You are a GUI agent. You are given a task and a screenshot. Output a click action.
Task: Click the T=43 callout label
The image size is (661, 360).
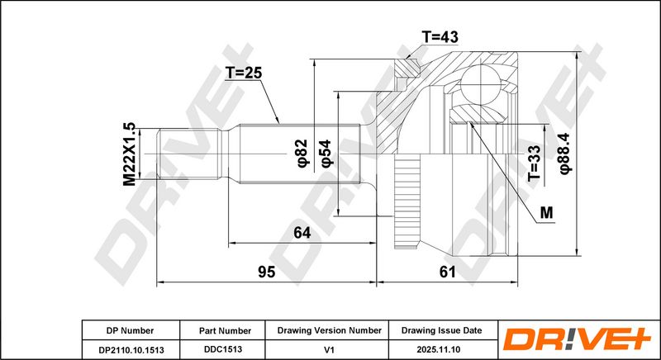pos(440,37)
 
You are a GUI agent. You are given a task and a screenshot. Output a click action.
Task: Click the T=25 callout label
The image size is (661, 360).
pos(243,73)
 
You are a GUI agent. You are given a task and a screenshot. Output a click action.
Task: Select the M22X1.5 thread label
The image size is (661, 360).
pos(129,154)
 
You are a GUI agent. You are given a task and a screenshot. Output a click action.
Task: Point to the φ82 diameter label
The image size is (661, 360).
pos(302,153)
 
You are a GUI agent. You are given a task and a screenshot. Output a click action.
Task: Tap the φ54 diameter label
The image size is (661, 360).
pos(326,154)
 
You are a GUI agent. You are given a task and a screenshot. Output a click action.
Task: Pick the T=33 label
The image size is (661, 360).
pos(534,163)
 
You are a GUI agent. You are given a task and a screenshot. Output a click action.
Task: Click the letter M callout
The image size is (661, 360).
pos(546,213)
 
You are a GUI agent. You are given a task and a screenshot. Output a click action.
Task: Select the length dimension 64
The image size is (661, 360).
pos(302,232)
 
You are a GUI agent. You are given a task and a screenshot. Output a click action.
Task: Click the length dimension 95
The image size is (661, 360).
pos(266,272)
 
